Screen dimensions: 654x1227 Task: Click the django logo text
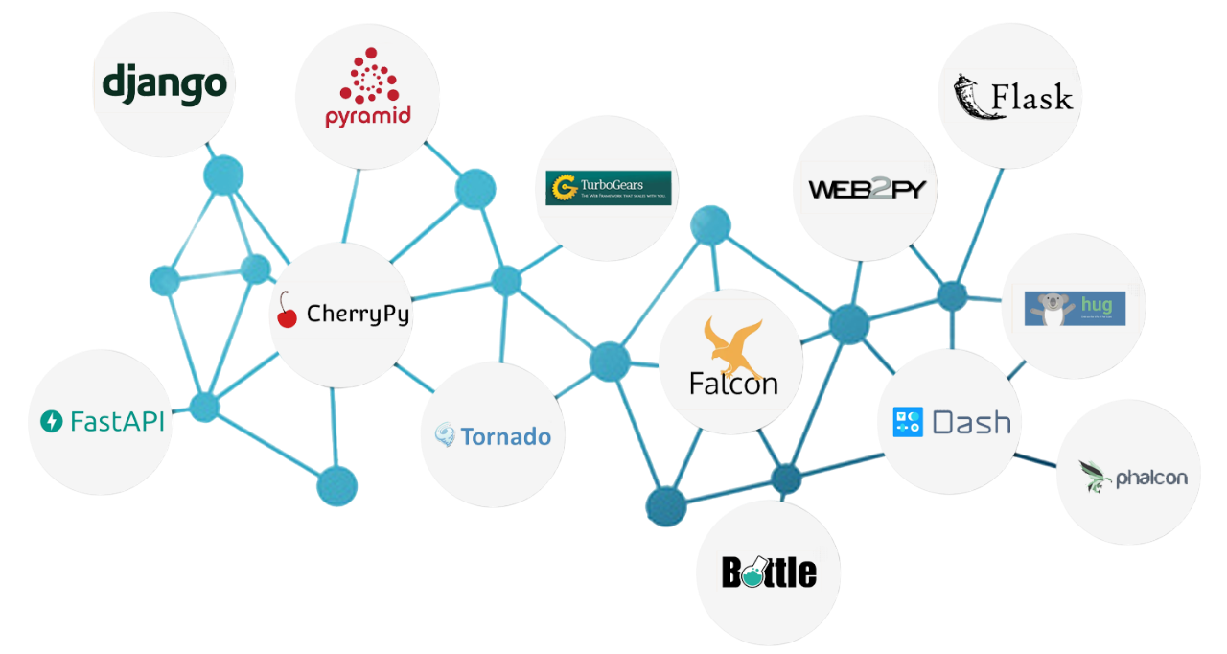pyautogui.click(x=165, y=83)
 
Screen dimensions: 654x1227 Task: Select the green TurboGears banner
pyautogui.click(x=608, y=188)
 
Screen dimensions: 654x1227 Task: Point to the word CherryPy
pyautogui.click(x=358, y=314)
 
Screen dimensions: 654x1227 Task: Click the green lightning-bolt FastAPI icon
pyautogui.click(x=52, y=420)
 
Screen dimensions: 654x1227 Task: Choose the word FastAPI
pyautogui.click(x=117, y=420)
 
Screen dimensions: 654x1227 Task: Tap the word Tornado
pyautogui.click(x=506, y=437)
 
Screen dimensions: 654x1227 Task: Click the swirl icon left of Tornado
pyautogui.click(x=445, y=436)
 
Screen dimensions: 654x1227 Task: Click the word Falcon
pyautogui.click(x=733, y=384)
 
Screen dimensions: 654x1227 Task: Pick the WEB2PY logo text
pyautogui.click(x=866, y=189)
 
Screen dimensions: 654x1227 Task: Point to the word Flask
pyautogui.click(x=1031, y=97)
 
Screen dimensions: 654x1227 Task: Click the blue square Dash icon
pyautogui.click(x=907, y=422)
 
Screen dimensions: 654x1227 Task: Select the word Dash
pyautogui.click(x=972, y=422)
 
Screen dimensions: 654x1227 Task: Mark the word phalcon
pyautogui.click(x=1151, y=478)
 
